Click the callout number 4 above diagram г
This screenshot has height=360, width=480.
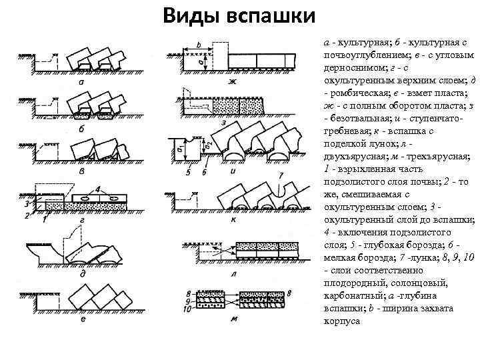point(98,190)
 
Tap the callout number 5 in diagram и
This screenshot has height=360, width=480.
point(188,172)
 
